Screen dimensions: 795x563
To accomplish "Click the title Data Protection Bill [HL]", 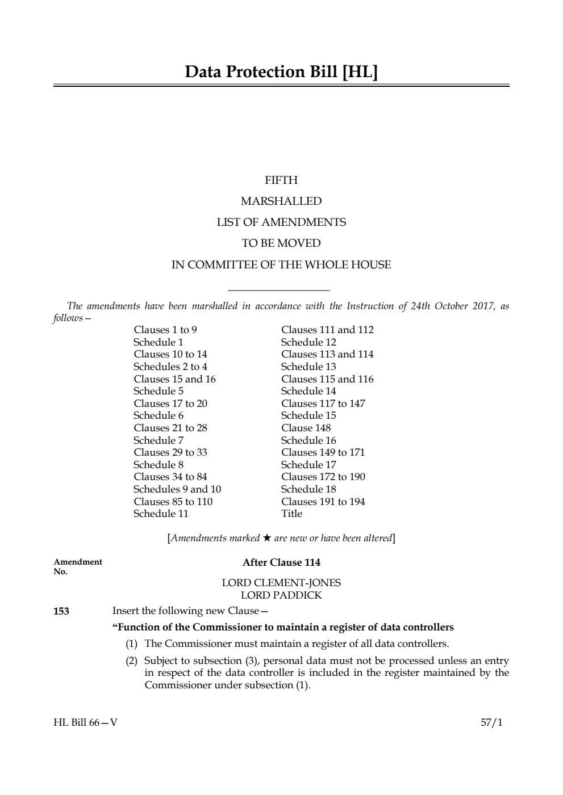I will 281,72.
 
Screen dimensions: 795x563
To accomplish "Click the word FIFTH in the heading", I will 281,180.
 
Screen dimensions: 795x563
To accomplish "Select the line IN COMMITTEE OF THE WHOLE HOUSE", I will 281,264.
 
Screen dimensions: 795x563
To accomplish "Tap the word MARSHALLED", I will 281,201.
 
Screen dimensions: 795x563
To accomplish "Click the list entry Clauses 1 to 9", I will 165,330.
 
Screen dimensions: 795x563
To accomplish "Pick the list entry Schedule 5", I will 159,391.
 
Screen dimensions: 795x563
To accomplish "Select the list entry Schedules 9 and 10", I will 177,489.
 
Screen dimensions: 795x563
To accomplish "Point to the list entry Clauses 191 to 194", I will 323,502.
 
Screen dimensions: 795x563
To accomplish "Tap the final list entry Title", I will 292,514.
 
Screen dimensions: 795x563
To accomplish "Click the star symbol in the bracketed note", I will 266,538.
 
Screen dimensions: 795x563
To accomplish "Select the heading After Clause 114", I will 281,562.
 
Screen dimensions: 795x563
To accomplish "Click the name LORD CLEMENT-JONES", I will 281,583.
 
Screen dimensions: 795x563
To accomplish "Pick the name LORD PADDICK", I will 281,595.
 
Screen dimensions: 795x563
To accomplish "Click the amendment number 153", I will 61,611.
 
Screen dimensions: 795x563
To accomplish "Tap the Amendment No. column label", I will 77,566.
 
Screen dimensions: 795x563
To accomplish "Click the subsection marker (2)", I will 132,661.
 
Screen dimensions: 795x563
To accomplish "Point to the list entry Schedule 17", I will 308,465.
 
